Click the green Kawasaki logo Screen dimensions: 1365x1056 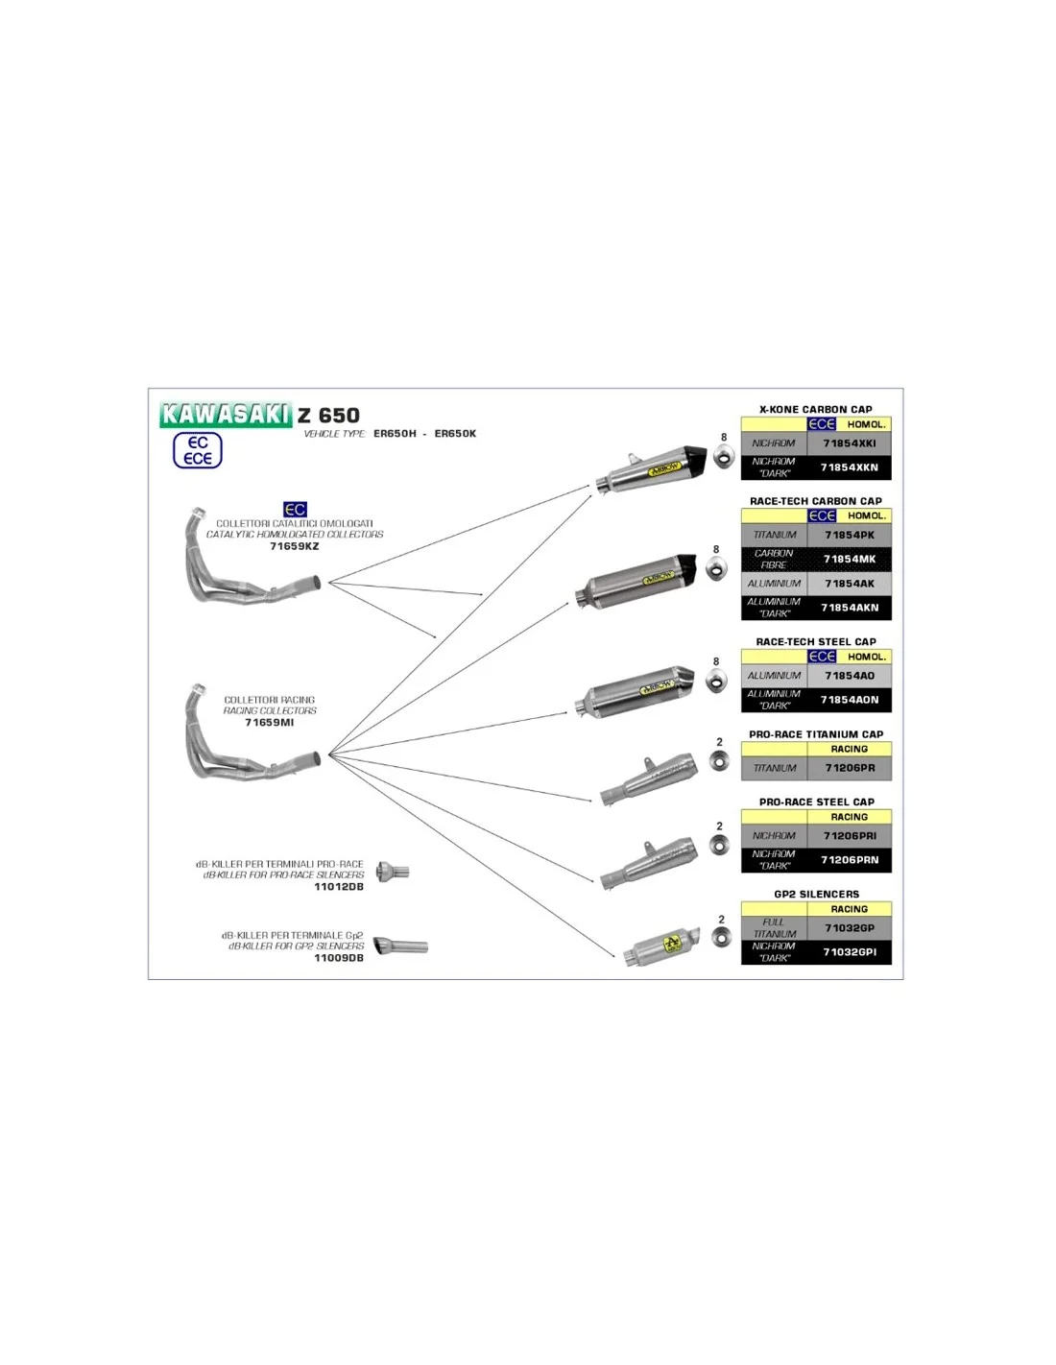(x=226, y=414)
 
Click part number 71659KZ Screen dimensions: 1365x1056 (x=294, y=547)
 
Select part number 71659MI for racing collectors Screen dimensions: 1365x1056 (x=269, y=723)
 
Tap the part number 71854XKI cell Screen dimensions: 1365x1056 (x=850, y=443)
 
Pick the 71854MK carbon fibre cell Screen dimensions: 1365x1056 (x=850, y=559)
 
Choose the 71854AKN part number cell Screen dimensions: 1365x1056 (x=850, y=608)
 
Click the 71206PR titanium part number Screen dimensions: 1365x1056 (x=850, y=768)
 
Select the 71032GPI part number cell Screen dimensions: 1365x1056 (x=850, y=952)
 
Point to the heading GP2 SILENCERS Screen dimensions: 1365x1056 (x=816, y=894)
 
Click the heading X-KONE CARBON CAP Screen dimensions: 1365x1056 (x=816, y=409)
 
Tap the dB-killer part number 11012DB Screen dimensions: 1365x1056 (x=339, y=887)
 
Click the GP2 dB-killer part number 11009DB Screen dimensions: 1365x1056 (x=339, y=958)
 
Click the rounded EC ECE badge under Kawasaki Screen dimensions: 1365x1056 (x=198, y=450)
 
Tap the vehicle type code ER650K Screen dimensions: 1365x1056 (x=455, y=434)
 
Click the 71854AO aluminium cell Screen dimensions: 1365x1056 (x=850, y=676)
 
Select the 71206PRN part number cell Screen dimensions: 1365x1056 (x=850, y=860)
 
